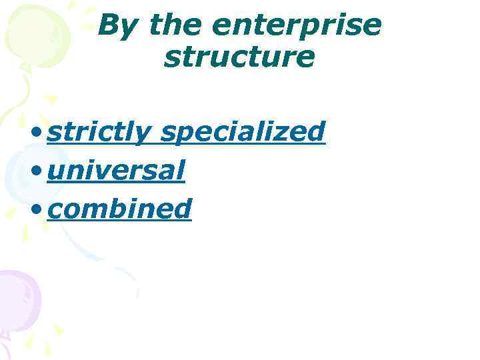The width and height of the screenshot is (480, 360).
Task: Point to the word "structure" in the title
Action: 239,57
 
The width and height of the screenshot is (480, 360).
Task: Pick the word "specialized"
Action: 243,133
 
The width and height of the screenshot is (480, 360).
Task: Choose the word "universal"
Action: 116,171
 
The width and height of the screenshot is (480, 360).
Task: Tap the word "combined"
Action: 120,209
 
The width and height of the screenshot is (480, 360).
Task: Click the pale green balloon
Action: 37,33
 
